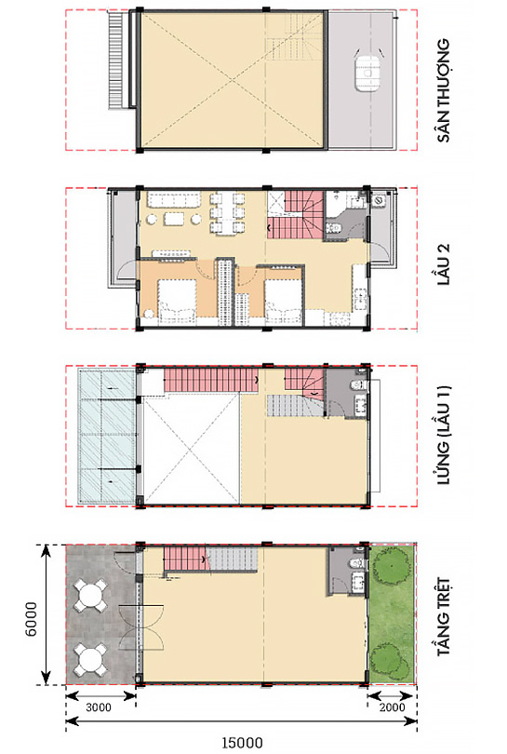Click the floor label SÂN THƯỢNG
click(x=444, y=90)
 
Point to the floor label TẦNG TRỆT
click(x=444, y=616)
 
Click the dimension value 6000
click(x=31, y=618)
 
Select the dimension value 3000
click(x=98, y=707)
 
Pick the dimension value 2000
click(x=392, y=707)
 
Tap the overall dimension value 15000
click(x=242, y=743)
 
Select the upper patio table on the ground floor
click(x=90, y=596)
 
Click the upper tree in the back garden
click(x=390, y=568)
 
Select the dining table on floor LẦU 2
click(x=228, y=213)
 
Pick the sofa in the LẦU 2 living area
click(x=174, y=199)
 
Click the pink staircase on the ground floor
click(x=185, y=559)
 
